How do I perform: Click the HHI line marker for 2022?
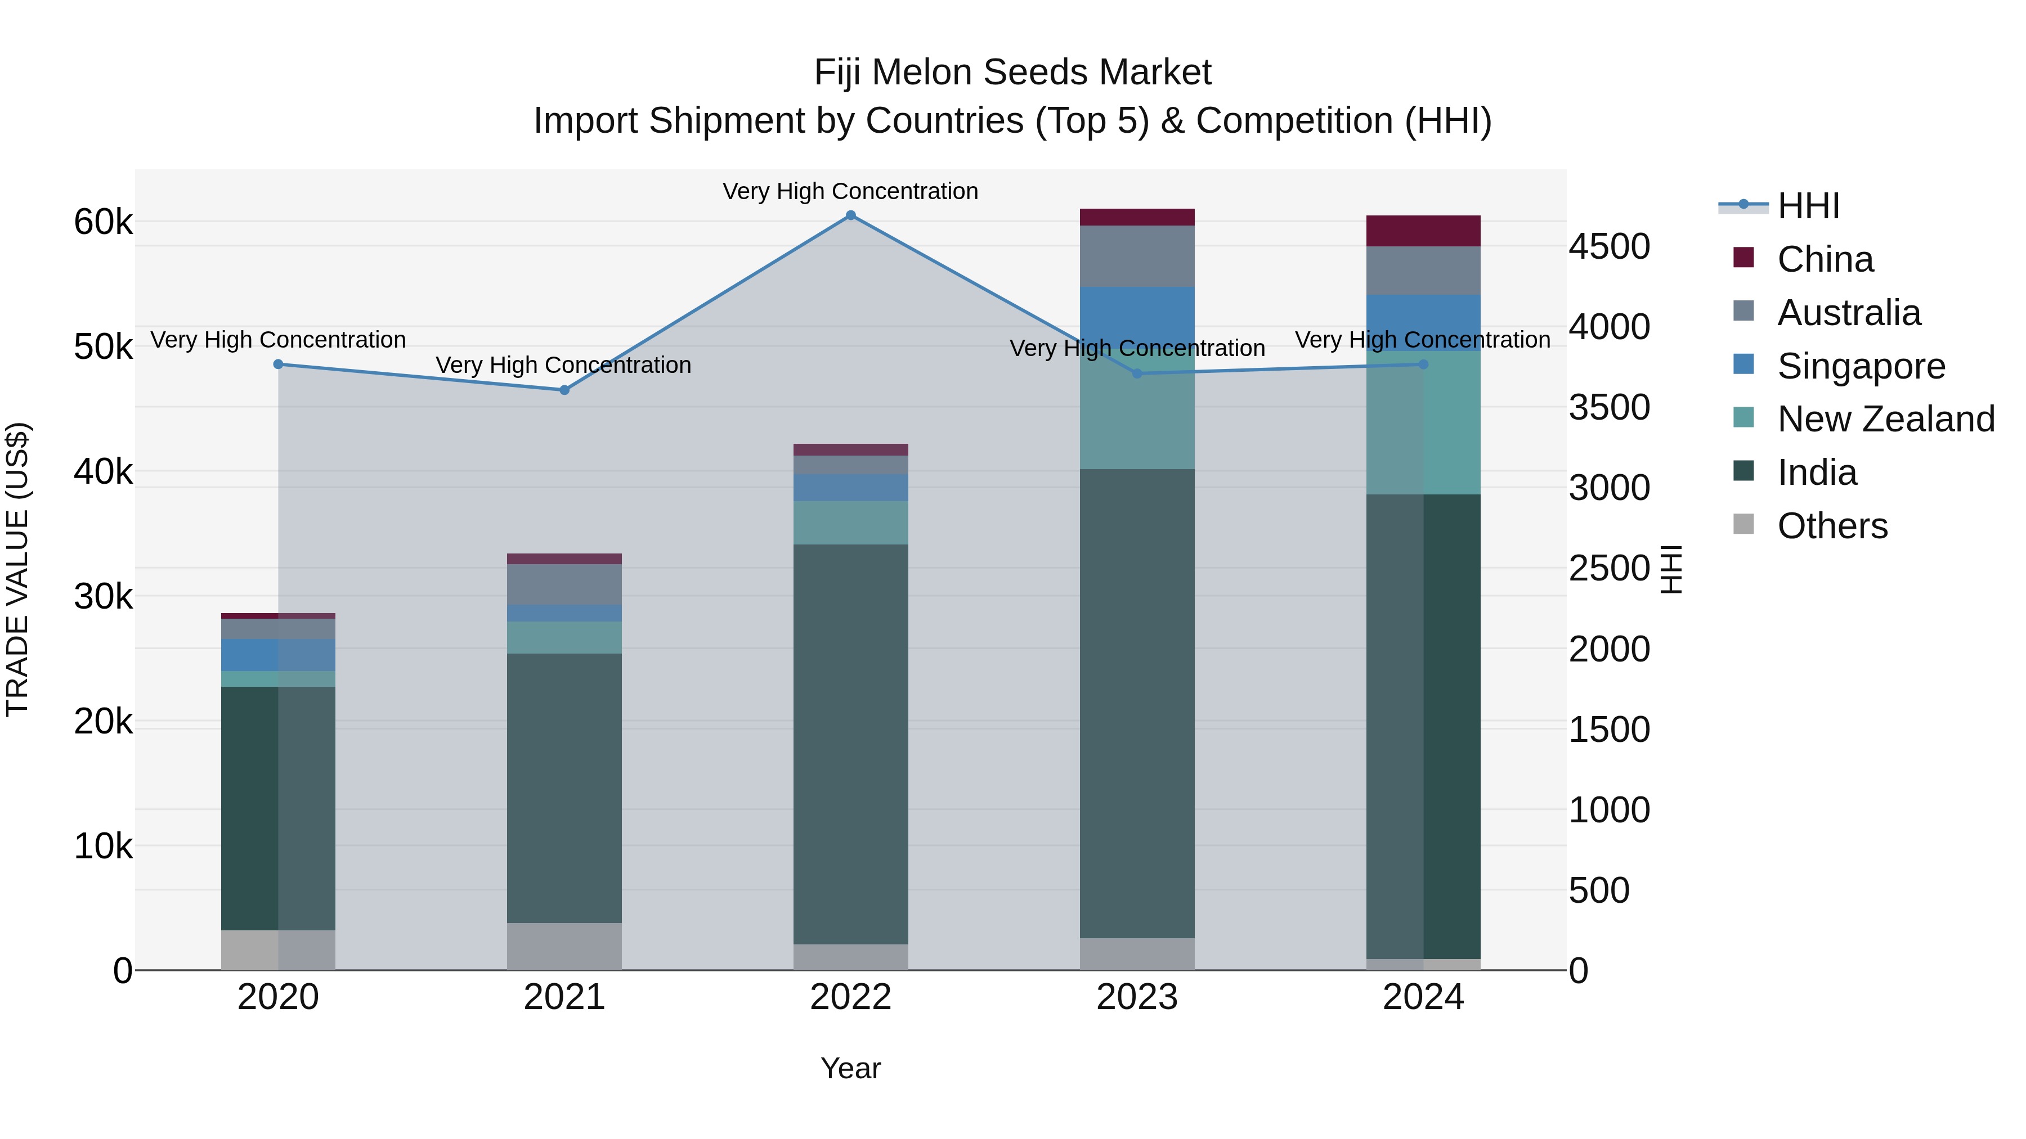[x=850, y=215]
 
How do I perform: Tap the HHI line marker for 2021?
[x=564, y=390]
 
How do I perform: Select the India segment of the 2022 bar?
[x=850, y=744]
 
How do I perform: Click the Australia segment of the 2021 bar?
[x=564, y=584]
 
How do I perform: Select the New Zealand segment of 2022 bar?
[x=850, y=523]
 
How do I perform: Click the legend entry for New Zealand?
[x=1885, y=419]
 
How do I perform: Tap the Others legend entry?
[x=1832, y=526]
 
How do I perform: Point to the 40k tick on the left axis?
[x=103, y=472]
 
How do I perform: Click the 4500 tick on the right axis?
[x=1609, y=247]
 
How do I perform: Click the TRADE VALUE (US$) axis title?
[x=17, y=569]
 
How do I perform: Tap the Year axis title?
[x=850, y=1068]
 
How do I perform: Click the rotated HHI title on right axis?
[x=1671, y=569]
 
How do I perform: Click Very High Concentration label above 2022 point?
[x=850, y=191]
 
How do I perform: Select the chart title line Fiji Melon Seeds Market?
[x=1012, y=73]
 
